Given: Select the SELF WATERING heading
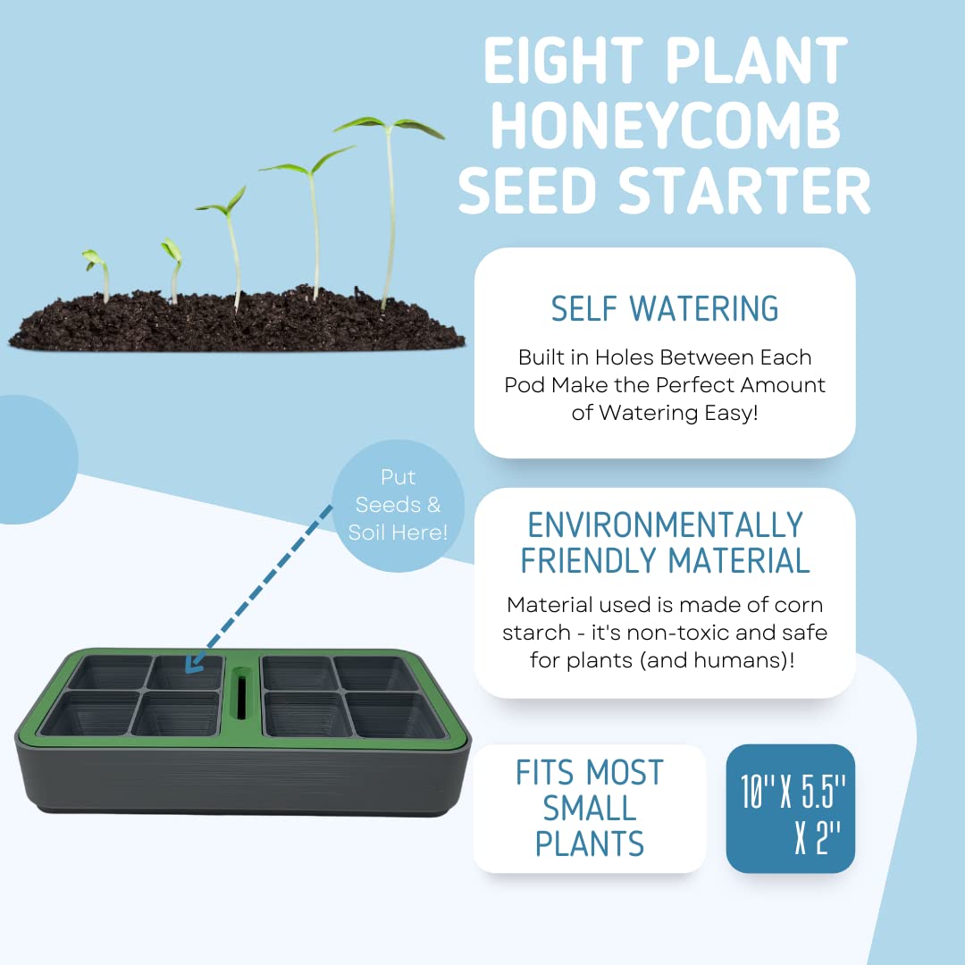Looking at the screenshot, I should click(x=664, y=308).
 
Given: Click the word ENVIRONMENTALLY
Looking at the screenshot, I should click(x=665, y=524).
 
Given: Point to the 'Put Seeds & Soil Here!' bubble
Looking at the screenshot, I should click(x=398, y=505).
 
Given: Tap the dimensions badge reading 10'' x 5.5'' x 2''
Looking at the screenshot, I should click(x=791, y=809).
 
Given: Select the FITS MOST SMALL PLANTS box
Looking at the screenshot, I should click(x=589, y=809).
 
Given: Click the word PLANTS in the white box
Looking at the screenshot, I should click(x=589, y=843).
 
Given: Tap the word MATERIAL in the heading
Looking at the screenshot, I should click(x=739, y=560).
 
